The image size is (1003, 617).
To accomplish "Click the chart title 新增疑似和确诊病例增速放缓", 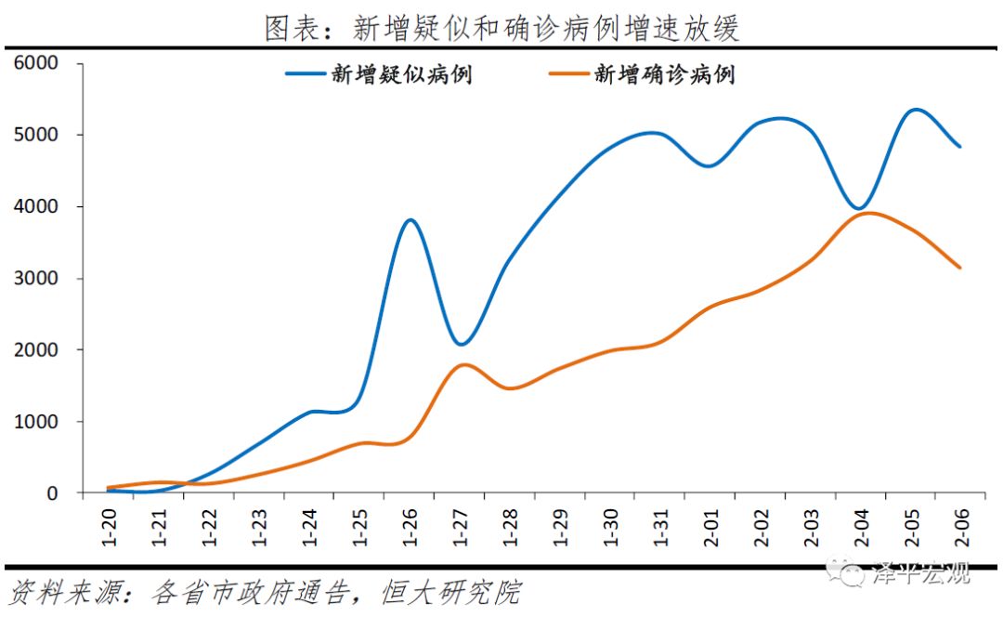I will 501,27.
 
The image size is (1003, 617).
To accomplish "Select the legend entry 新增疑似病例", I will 401,75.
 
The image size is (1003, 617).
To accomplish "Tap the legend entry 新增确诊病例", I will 664,75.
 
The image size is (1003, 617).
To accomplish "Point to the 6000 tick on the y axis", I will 35,63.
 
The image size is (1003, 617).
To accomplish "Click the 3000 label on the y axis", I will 35,279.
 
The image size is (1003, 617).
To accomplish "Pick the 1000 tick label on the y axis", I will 35,422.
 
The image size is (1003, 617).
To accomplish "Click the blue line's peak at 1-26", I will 410,220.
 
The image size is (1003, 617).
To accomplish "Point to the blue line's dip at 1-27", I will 462,344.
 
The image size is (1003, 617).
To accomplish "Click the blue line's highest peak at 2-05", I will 915,110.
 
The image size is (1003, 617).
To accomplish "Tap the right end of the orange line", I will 960,268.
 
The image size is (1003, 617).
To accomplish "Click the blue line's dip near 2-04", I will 859,209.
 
